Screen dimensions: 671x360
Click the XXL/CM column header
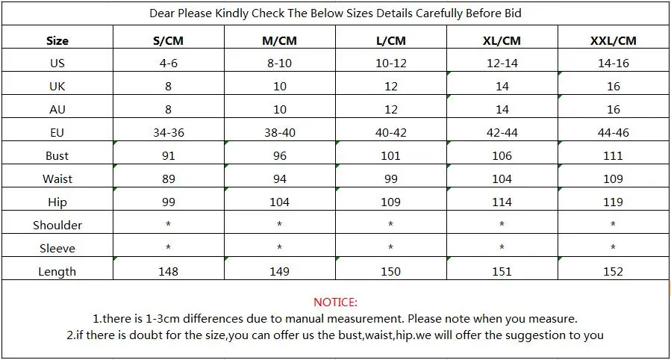[614, 40]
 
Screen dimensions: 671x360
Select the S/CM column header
[168, 40]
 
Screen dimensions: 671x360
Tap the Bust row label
[57, 156]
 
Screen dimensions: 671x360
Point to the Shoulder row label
[57, 225]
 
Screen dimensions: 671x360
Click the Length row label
[57, 271]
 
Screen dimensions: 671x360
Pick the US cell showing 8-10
[279, 63]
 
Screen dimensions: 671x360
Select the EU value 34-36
[169, 133]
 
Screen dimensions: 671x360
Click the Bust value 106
[502, 156]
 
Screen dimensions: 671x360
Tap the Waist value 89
[169, 179]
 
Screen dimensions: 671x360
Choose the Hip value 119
[614, 202]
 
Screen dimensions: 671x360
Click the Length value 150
[390, 271]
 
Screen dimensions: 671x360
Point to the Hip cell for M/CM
[279, 202]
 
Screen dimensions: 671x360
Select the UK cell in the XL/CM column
[502, 87]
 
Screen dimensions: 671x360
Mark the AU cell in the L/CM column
[390, 110]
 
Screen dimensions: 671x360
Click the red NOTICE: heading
[336, 302]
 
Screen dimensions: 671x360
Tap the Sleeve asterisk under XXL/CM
[614, 247]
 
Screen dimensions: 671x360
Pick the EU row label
[57, 133]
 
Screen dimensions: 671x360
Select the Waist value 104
[502, 179]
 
